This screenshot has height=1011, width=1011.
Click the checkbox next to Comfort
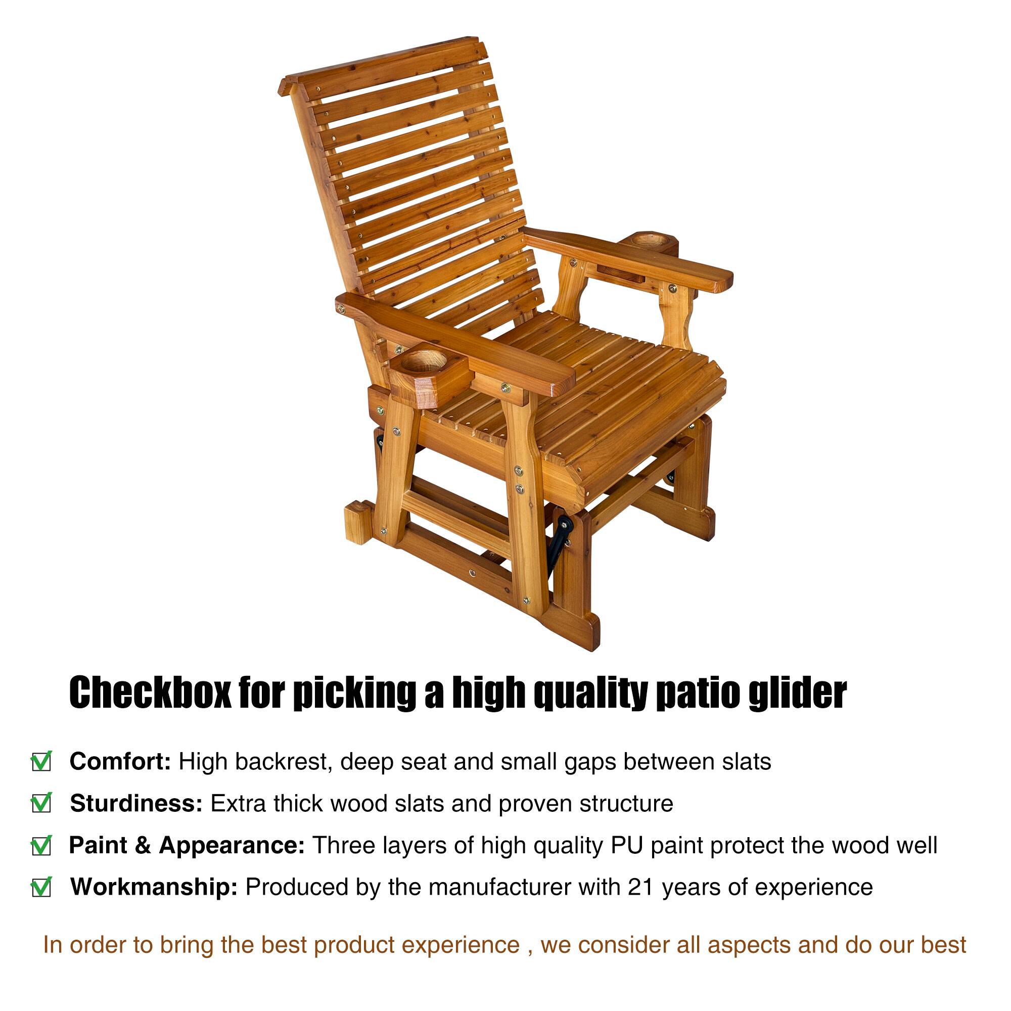click(41, 762)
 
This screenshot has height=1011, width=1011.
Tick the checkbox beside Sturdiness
click(41, 804)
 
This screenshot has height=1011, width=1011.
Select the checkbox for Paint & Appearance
click(41, 846)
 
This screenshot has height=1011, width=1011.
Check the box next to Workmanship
click(41, 888)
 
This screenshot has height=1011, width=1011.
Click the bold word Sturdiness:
click(136, 804)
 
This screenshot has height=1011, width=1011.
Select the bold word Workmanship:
click(154, 888)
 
